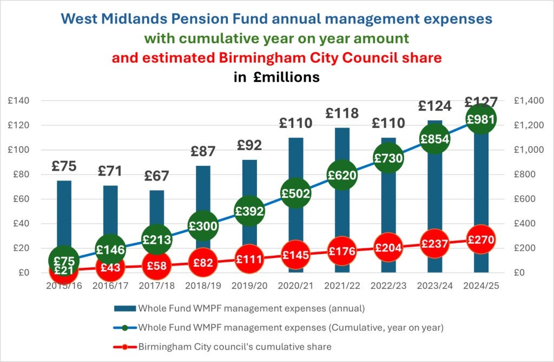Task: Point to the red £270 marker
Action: (x=481, y=240)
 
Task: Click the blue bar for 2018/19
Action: (x=203, y=195)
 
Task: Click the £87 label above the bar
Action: (x=203, y=152)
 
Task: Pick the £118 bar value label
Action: (x=342, y=113)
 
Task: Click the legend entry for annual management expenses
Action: (x=251, y=309)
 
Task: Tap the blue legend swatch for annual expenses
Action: (x=124, y=309)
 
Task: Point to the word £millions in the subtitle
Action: (x=286, y=77)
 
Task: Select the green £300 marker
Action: (x=203, y=226)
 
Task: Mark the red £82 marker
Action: (x=203, y=263)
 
